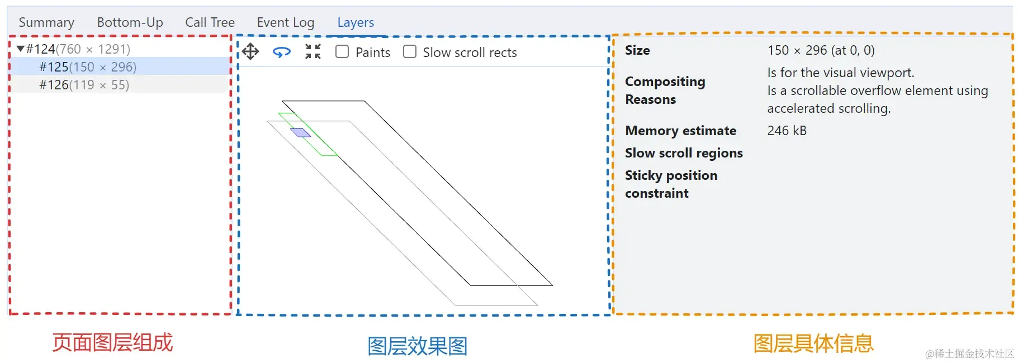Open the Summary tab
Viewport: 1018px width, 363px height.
click(46, 22)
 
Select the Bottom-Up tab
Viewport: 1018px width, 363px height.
click(130, 22)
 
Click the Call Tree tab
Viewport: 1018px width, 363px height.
click(210, 22)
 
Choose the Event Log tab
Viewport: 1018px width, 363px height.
click(286, 22)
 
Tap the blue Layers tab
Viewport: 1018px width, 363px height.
click(356, 22)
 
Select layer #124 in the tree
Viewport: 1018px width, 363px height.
click(78, 49)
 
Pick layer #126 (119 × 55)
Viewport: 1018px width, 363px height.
click(84, 85)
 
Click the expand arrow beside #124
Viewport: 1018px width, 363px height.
click(21, 49)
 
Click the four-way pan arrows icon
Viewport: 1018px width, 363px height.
click(250, 51)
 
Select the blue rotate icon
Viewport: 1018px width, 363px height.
click(282, 52)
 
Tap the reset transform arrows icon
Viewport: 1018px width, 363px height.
click(313, 51)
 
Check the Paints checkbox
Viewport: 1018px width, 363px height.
click(342, 52)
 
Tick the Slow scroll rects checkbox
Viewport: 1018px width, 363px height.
click(410, 52)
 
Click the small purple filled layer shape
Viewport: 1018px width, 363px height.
click(301, 133)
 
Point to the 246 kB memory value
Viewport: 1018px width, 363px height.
click(787, 131)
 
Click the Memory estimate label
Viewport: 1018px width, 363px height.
click(680, 131)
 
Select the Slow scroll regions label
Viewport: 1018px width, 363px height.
click(684, 153)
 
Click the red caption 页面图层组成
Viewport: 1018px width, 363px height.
click(113, 342)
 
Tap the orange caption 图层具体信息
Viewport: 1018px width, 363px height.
click(813, 343)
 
